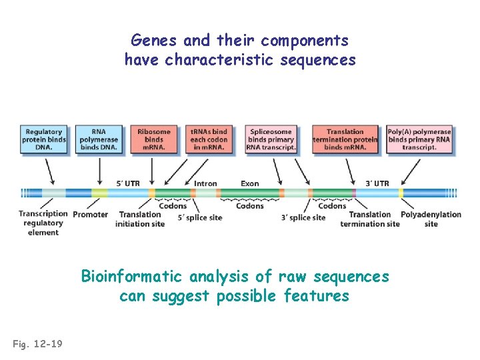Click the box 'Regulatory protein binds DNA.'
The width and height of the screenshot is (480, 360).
click(44, 139)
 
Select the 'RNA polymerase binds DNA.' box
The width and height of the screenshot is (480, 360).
click(99, 139)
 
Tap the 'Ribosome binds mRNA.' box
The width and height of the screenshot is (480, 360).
click(153, 139)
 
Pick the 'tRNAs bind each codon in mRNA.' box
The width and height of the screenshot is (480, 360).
click(209, 139)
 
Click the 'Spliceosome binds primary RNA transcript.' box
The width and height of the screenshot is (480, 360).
click(271, 139)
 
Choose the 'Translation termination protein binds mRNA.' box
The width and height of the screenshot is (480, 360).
click(345, 139)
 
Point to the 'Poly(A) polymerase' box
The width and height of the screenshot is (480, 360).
click(419, 139)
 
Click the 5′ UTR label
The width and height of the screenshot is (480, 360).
click(128, 183)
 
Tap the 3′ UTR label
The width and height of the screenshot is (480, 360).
click(377, 183)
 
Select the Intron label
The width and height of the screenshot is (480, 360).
click(205, 183)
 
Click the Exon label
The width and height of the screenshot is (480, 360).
click(250, 183)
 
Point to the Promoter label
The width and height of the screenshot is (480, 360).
click(91, 215)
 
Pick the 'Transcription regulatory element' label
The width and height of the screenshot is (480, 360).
click(43, 223)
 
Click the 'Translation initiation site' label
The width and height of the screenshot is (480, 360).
click(140, 219)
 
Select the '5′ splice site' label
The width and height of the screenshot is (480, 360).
click(200, 218)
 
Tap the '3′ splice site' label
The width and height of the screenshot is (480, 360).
click(303, 218)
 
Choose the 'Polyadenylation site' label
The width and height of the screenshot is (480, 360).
click(431, 219)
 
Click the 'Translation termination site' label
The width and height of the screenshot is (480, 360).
click(370, 219)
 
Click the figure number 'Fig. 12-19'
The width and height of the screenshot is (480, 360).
click(37, 343)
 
